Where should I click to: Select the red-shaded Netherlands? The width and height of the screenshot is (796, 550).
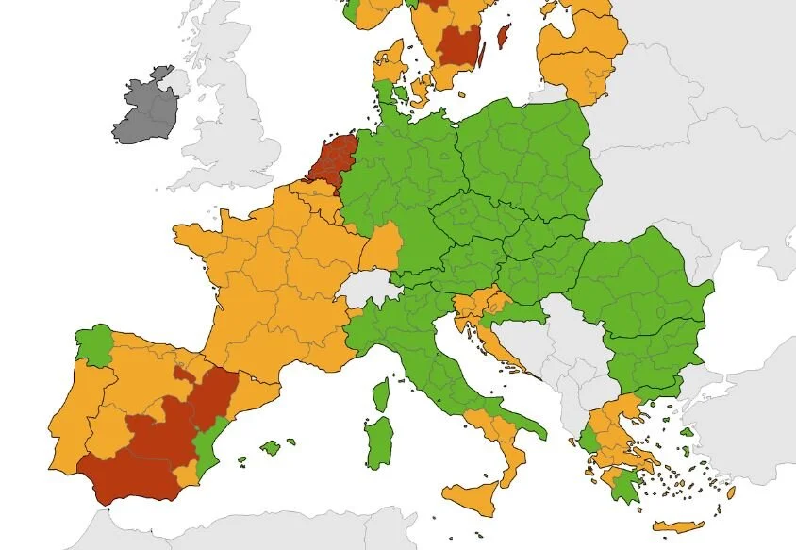[331, 159]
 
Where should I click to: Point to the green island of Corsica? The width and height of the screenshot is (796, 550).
[381, 395]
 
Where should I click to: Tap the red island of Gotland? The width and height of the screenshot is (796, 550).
[503, 37]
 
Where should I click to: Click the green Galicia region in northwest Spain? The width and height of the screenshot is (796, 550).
[93, 345]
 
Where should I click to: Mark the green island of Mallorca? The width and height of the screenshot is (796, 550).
[271, 447]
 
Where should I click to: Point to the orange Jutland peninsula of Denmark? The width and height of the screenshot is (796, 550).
[388, 66]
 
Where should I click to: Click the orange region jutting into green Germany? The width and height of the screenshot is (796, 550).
[382, 247]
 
